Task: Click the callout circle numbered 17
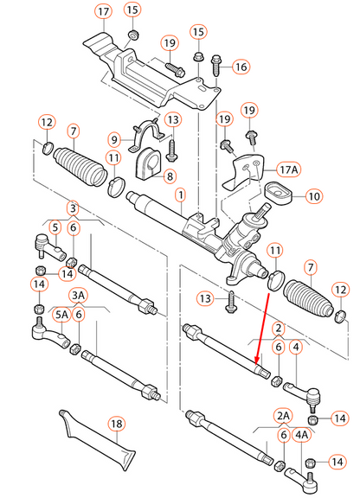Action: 103,12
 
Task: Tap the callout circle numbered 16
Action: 240,66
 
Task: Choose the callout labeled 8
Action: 170,176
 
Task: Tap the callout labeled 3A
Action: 79,295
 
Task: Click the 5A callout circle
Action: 62,316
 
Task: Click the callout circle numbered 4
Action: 297,347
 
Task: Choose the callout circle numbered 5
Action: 54,228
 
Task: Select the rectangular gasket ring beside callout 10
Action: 276,194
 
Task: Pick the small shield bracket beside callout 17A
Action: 245,174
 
